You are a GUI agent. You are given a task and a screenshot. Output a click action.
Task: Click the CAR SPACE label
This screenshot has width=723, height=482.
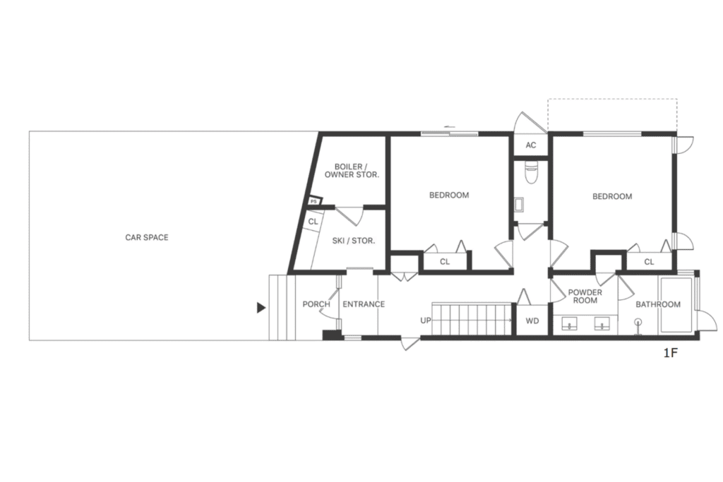click(x=147, y=237)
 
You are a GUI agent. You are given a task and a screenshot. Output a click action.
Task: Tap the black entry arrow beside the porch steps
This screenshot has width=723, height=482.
click(x=261, y=308)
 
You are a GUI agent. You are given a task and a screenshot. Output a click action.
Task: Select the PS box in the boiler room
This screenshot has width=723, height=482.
click(x=314, y=201)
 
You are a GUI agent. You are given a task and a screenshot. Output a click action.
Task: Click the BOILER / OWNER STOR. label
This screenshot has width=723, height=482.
click(x=352, y=171)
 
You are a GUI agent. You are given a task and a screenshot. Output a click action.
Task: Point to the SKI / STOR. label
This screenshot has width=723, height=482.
click(x=354, y=241)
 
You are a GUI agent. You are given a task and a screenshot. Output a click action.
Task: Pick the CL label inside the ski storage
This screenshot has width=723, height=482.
click(x=313, y=222)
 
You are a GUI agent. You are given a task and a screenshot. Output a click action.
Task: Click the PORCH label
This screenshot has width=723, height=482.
click(x=316, y=304)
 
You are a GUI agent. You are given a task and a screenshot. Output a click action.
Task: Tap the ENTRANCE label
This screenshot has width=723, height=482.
click(x=364, y=304)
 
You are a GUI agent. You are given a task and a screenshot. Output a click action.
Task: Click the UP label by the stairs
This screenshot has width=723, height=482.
click(x=426, y=320)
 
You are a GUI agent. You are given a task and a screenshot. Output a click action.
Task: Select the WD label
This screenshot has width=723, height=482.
click(x=532, y=320)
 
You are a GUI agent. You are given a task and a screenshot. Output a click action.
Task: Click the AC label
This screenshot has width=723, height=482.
click(x=531, y=145)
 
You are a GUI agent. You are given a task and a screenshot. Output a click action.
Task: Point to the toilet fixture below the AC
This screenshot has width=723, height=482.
click(x=531, y=172)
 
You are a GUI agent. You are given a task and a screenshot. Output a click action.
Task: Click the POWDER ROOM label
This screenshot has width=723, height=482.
click(x=585, y=296)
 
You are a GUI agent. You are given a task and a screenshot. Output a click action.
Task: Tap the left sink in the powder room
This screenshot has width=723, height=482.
click(x=570, y=323)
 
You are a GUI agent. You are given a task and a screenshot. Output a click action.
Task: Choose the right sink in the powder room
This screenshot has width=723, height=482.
click(x=602, y=323)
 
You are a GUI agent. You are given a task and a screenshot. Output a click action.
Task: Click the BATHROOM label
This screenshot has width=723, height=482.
click(x=658, y=304)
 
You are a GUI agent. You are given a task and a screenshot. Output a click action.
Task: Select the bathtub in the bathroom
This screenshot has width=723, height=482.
click(x=676, y=305)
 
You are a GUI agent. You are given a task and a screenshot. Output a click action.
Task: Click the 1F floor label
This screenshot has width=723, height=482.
click(x=671, y=354)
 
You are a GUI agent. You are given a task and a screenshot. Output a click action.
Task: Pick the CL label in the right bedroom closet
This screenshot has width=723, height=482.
click(x=650, y=262)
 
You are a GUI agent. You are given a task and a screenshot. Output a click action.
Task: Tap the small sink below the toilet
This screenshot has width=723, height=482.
click(x=519, y=204)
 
